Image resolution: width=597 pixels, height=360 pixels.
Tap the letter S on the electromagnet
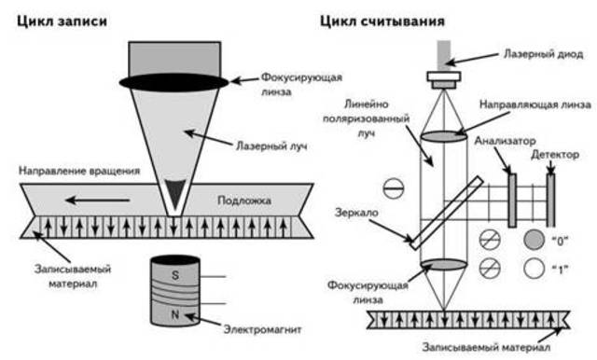[175, 275]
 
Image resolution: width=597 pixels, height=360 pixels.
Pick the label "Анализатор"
[503, 142]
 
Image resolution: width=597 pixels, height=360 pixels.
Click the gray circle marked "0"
[533, 239]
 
